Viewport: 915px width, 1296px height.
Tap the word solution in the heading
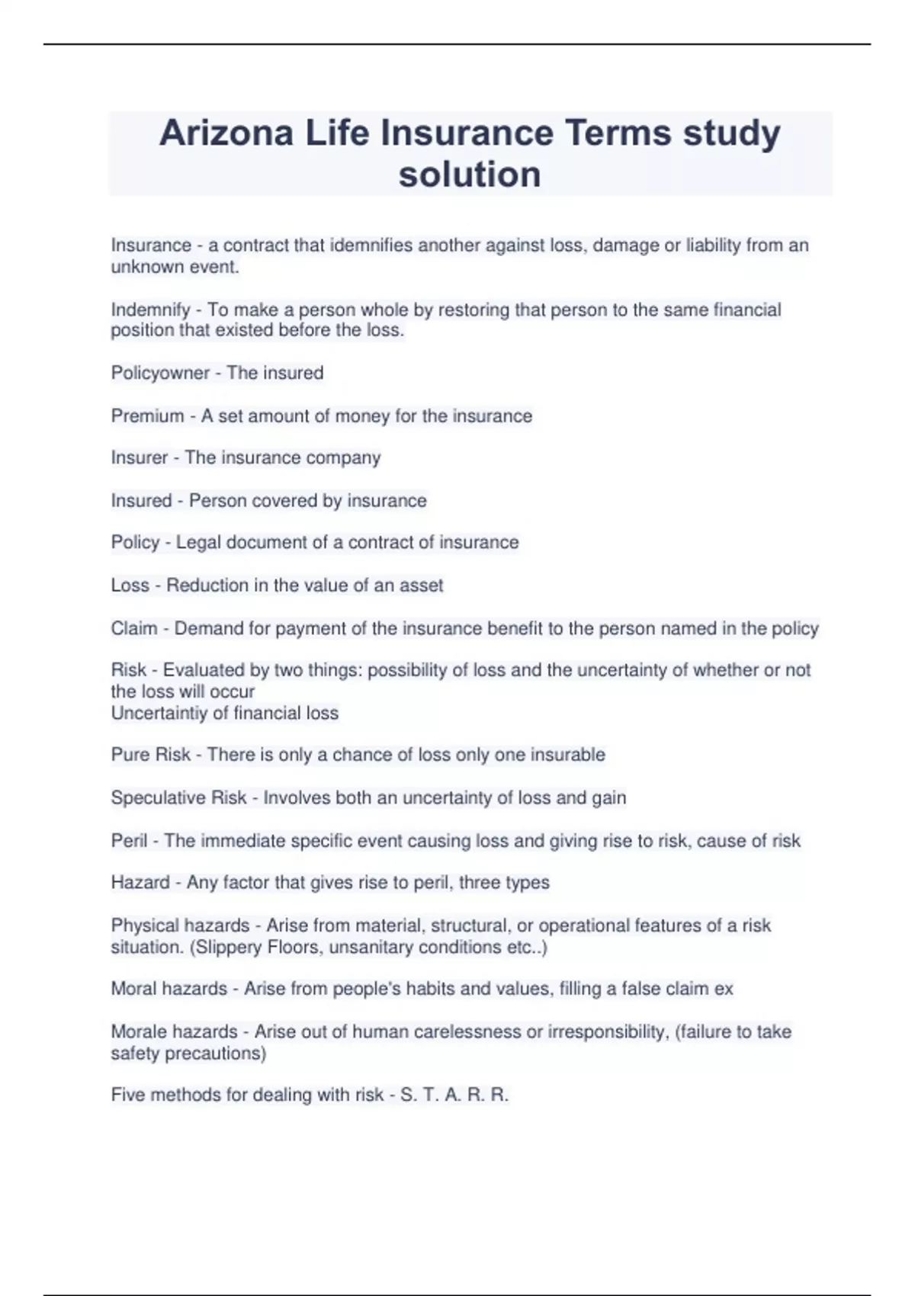(x=470, y=175)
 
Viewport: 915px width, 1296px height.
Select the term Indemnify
(x=150, y=310)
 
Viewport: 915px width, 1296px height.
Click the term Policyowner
(x=160, y=373)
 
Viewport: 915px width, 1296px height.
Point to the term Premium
(x=147, y=416)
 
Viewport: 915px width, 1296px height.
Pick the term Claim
(x=133, y=628)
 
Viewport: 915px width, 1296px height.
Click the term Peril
(x=129, y=841)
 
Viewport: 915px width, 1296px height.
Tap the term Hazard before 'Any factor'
(x=140, y=883)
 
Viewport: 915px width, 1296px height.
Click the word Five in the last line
(x=128, y=1096)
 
